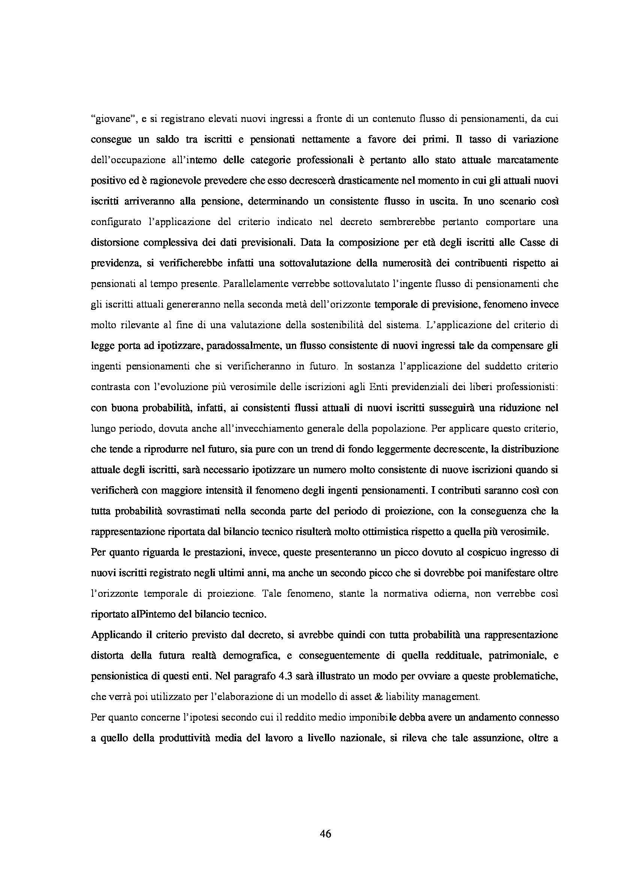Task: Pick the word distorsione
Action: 117,243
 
